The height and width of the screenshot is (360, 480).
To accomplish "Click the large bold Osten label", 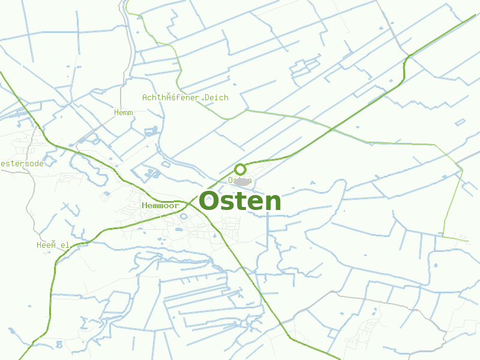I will point(240,202).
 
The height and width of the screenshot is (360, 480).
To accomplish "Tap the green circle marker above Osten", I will point(240,169).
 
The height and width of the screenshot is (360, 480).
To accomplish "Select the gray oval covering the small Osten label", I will point(242,181).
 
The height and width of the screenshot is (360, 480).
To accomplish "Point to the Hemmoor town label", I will point(160,206).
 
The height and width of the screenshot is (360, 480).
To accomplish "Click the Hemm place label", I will point(123,112).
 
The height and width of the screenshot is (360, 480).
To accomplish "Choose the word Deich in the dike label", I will point(216,98).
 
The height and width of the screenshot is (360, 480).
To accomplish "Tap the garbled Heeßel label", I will point(53,245).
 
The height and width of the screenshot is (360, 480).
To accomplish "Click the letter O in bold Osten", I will point(211,202).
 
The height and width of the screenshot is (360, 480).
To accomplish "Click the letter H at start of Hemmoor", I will point(145,206).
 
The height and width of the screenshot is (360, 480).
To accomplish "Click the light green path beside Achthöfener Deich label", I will point(179,72).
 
